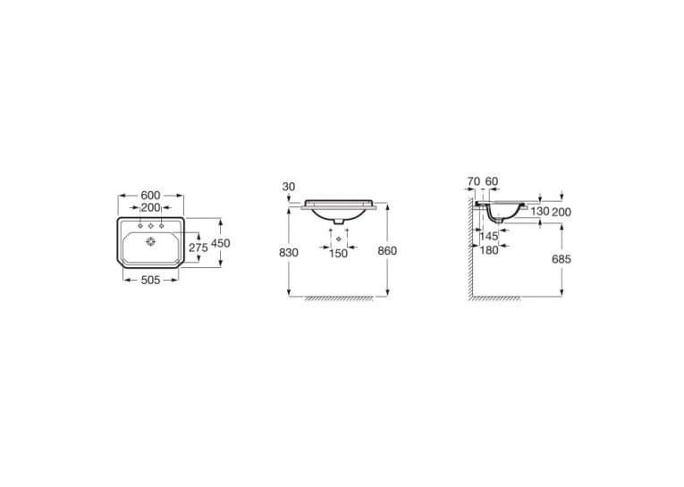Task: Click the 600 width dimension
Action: (x=150, y=196)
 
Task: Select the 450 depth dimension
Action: (x=220, y=243)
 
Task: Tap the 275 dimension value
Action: (x=198, y=248)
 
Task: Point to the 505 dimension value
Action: (x=150, y=280)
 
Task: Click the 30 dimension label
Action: (x=288, y=187)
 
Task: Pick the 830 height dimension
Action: (x=289, y=253)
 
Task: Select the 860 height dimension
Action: (x=387, y=251)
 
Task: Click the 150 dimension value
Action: (x=338, y=253)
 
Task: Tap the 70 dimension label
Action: (x=473, y=181)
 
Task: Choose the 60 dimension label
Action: (x=492, y=181)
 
